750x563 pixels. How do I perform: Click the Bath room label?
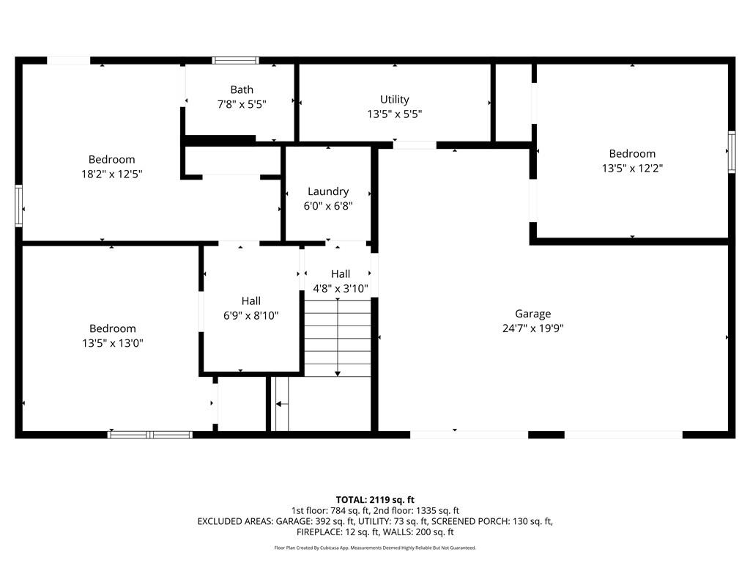[x=242, y=90]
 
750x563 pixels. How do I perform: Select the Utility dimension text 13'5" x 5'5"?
[x=394, y=114]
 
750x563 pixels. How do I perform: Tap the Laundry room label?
[x=328, y=191]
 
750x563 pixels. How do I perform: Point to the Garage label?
[x=532, y=314]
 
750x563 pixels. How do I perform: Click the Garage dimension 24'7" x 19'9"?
[x=532, y=328]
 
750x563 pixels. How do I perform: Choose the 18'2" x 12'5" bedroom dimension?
[x=112, y=174]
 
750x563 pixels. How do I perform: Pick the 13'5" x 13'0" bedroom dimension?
[x=112, y=343]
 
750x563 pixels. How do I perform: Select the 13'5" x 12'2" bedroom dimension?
[x=632, y=168]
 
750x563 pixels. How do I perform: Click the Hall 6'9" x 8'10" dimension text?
[x=250, y=315]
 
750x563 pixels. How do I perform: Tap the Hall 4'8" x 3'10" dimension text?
[x=340, y=288]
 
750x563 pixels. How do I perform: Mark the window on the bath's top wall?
[x=235, y=60]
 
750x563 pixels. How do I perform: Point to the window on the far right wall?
[x=731, y=152]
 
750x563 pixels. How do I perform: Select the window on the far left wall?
[x=19, y=206]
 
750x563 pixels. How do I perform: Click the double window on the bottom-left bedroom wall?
[x=150, y=435]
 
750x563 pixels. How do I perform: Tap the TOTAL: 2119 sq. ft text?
[x=375, y=499]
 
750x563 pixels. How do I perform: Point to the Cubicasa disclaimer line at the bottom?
[x=375, y=548]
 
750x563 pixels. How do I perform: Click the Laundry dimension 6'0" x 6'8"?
[x=328, y=206]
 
